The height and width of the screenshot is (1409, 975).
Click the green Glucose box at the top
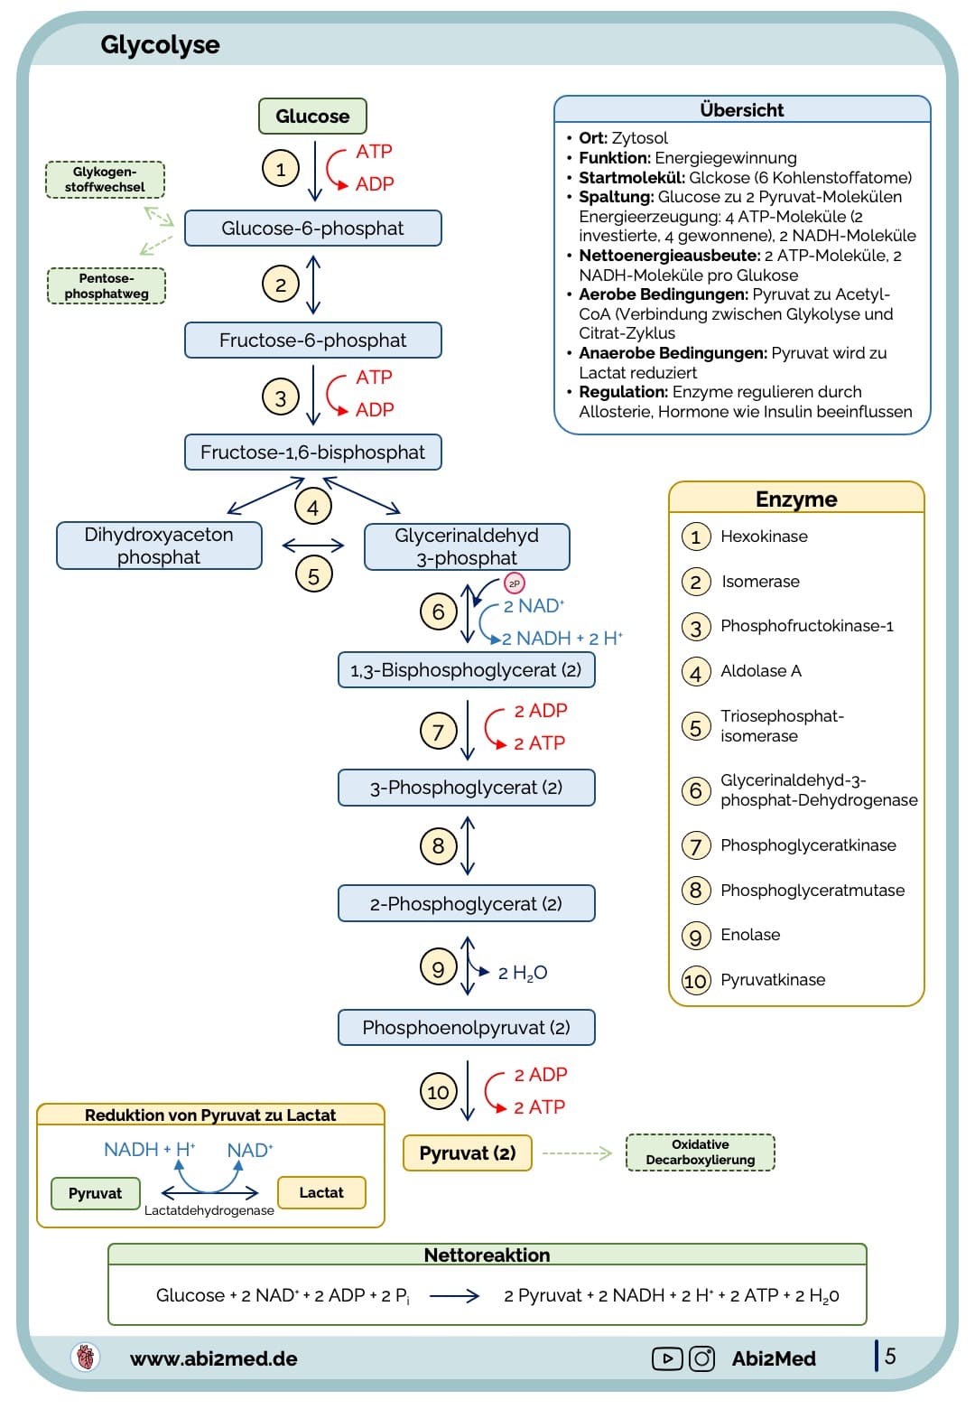312,117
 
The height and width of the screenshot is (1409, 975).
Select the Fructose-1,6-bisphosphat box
312,453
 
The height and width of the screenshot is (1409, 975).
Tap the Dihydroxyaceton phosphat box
159,546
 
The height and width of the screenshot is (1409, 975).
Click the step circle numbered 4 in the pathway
312,507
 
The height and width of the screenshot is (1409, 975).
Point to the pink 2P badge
515,583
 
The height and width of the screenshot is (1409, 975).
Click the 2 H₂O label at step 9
523,973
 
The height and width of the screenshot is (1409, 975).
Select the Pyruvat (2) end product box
468,1152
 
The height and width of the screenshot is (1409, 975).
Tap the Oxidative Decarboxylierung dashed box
700,1152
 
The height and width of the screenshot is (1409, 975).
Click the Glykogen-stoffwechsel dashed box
105,180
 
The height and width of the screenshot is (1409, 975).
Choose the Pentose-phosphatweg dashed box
106,286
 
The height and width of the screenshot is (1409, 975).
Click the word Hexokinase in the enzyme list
764,537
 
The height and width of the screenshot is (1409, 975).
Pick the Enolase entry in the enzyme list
750,935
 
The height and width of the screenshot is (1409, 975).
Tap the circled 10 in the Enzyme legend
695,981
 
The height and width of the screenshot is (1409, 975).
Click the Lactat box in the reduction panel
321,1192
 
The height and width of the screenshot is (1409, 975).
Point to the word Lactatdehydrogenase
209,1210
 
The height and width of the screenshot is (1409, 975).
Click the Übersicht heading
742,110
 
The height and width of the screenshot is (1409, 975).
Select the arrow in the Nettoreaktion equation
454,1296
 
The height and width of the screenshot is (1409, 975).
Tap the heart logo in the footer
86,1357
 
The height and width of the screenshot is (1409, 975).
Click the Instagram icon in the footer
702,1358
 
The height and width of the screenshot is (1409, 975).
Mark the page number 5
890,1356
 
